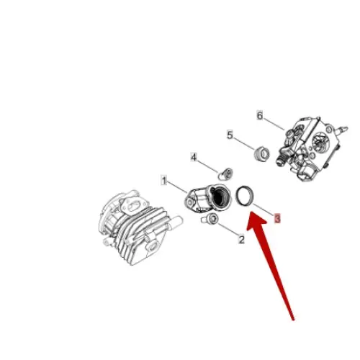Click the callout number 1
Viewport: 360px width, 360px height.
164,181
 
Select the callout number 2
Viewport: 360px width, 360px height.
241,239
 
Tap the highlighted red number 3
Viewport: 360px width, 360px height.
277,217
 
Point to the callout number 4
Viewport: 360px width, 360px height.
194,156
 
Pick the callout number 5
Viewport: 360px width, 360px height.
230,135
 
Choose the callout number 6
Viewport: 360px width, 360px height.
260,114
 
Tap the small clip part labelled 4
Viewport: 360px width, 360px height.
225,172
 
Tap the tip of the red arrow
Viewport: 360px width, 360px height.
253,209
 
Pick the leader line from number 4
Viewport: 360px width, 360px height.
208,164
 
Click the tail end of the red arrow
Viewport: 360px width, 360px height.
293,318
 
